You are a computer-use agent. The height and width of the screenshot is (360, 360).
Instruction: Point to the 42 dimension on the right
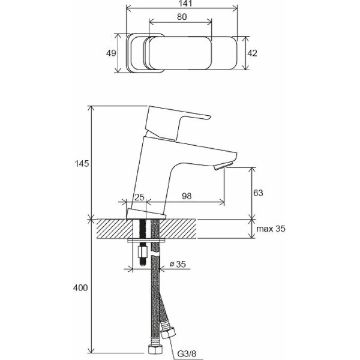tap(252, 53)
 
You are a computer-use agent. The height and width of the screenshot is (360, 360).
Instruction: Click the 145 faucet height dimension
tap(82, 163)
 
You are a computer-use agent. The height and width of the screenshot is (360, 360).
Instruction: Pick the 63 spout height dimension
tap(258, 193)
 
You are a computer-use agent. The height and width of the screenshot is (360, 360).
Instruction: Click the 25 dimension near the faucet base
tap(139, 197)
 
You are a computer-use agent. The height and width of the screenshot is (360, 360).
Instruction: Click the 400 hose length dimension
tap(81, 288)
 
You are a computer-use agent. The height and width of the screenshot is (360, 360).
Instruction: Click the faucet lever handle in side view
tap(180, 120)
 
